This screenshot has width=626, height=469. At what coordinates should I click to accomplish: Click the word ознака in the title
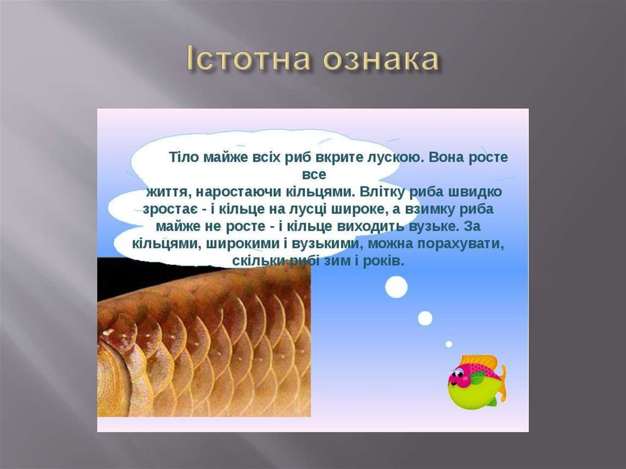pos(379,59)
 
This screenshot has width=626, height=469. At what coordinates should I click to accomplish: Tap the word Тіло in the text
pos(183,157)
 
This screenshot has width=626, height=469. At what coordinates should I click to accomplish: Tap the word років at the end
pos(386,261)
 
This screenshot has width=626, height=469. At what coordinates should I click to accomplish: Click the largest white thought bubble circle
pos(396,286)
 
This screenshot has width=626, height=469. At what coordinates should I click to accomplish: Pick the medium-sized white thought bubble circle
pos(425,318)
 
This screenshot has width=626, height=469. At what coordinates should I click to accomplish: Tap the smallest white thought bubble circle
pos(449,344)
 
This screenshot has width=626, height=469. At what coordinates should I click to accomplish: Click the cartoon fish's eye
pos(456,372)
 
